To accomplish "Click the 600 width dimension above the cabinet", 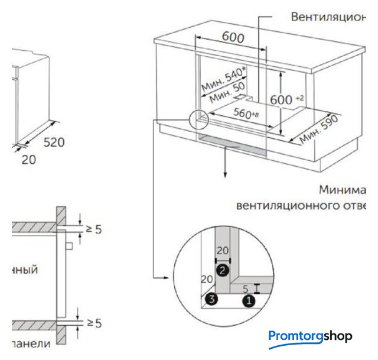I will (x=233, y=36).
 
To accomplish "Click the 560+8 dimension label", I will (x=246, y=113).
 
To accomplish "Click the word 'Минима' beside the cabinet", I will (x=343, y=190).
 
